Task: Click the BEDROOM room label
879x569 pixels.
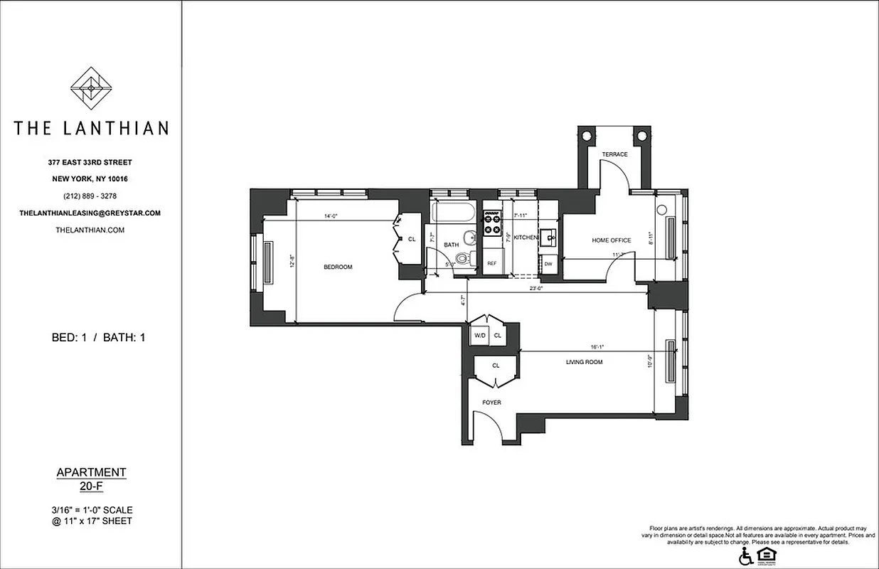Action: tap(338, 267)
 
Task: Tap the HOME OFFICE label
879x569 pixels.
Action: tap(611, 240)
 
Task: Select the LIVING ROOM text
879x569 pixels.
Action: tap(584, 362)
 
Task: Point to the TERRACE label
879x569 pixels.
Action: tap(614, 154)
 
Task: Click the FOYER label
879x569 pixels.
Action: tap(491, 403)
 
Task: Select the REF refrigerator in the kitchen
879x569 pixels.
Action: tap(491, 263)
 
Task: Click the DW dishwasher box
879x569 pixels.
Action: tap(548, 264)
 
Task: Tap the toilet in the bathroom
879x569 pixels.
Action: tap(464, 259)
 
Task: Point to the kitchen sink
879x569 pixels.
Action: tap(548, 237)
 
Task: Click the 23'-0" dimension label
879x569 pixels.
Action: tap(536, 288)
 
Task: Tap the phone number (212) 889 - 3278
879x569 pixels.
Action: tap(90, 196)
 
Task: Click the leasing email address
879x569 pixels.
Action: tap(90, 213)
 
